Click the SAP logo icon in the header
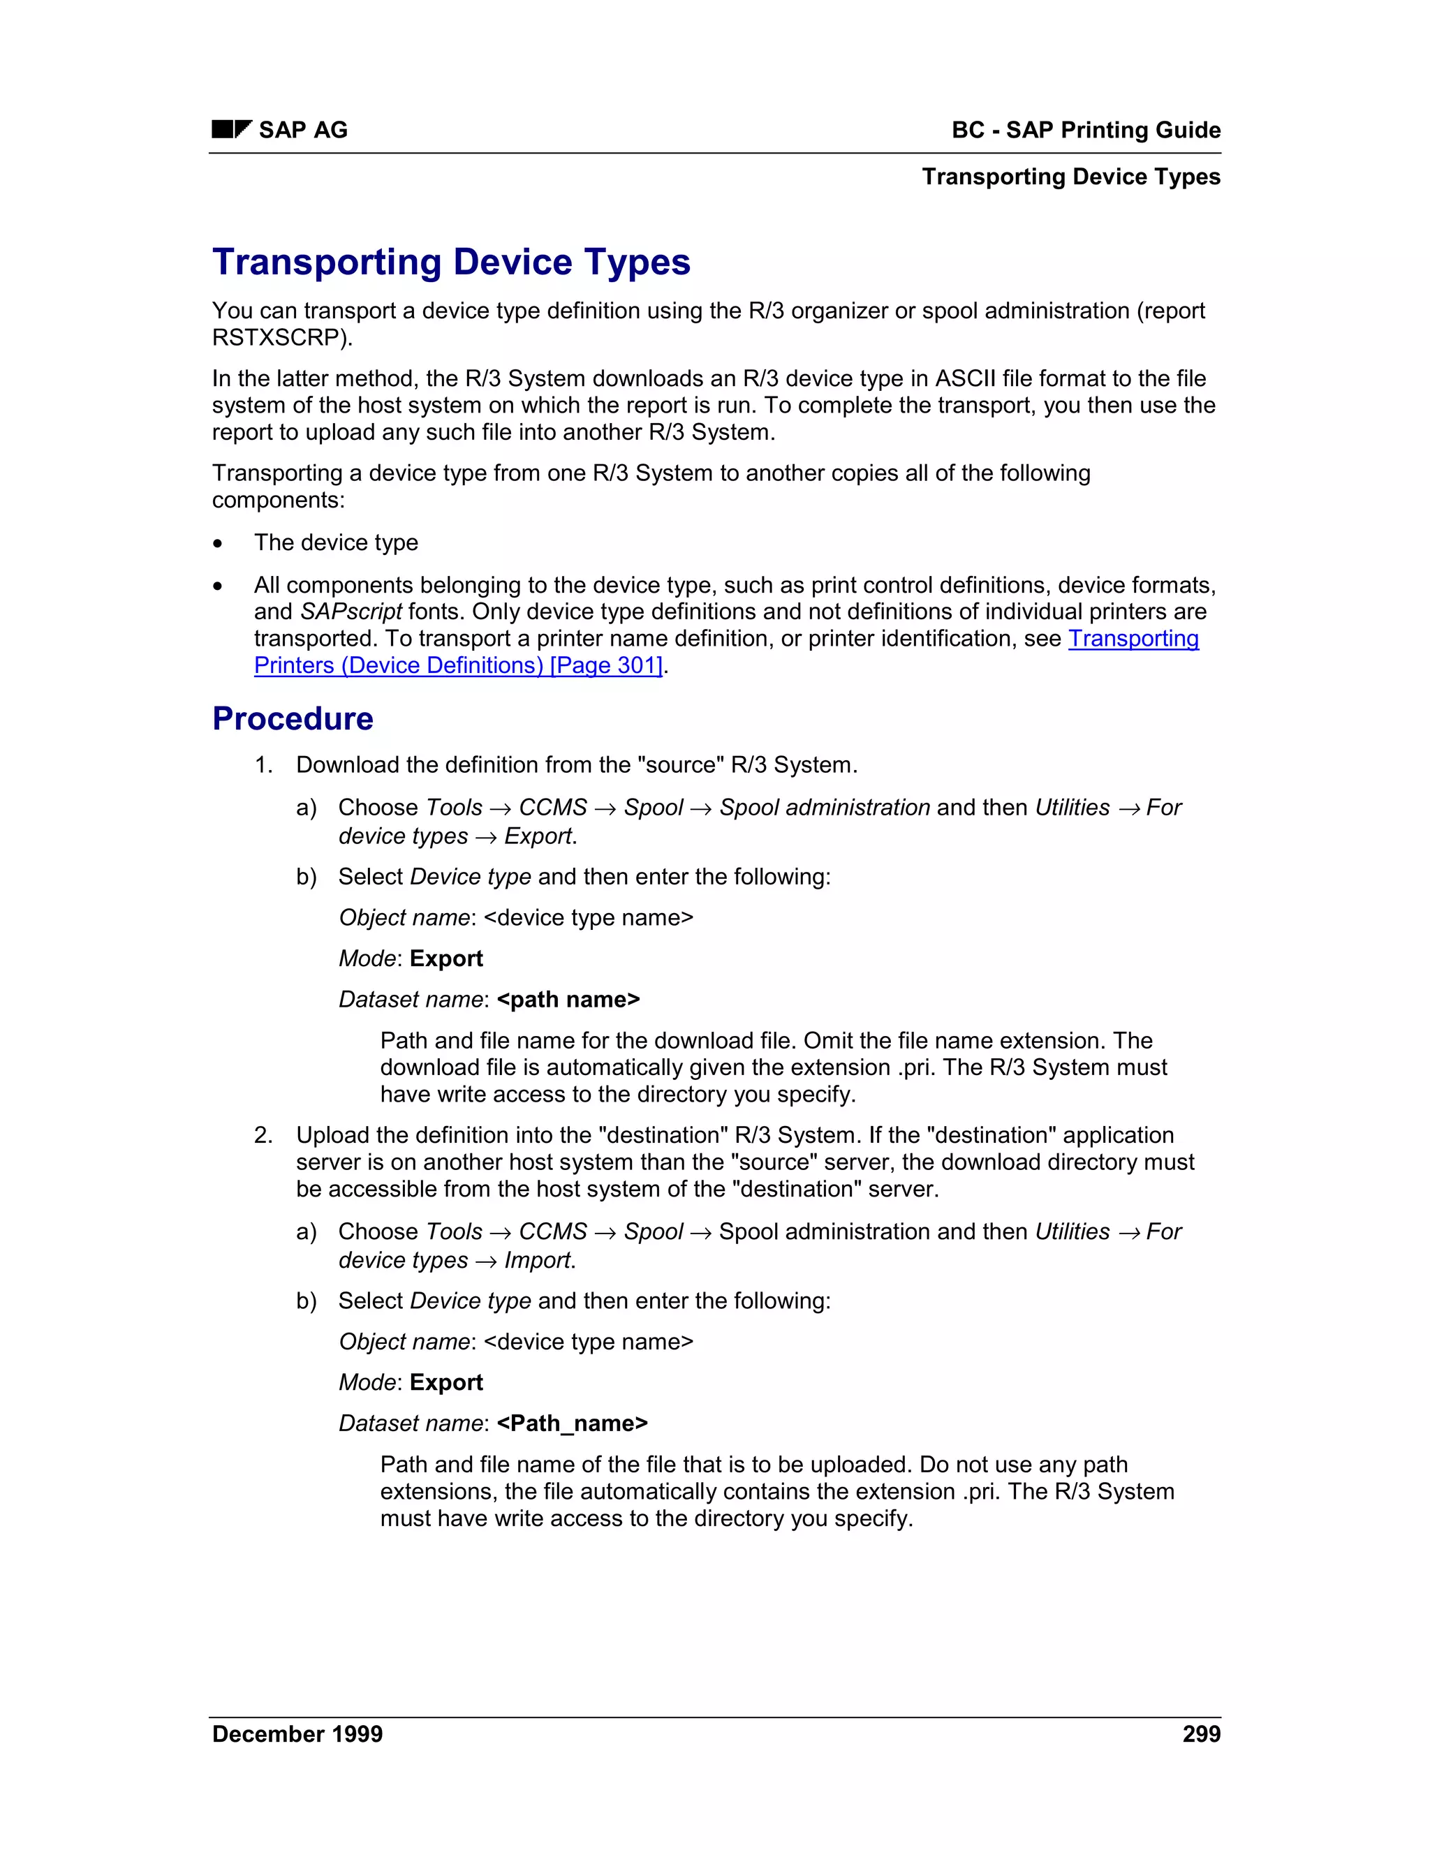click(231, 130)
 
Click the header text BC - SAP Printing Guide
click(1085, 130)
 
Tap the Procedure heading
click(293, 718)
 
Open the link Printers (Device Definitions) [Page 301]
click(458, 666)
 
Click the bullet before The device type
click(219, 543)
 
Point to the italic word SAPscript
click(351, 612)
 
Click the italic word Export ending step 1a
click(538, 836)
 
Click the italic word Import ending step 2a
click(538, 1260)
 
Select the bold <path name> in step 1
click(568, 1000)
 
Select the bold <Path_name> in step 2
click(572, 1424)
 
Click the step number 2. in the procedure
click(263, 1135)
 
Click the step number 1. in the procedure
click(263, 765)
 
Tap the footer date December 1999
click(297, 1734)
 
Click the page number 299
click(1200, 1734)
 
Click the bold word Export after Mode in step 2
click(445, 1382)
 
